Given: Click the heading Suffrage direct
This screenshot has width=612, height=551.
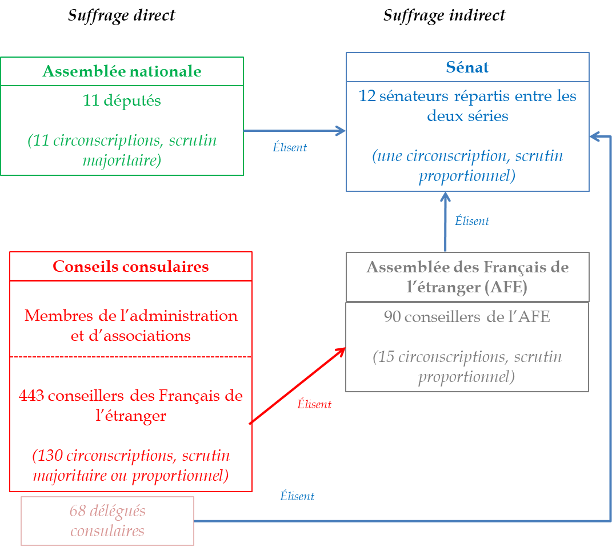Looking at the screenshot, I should point(121,15).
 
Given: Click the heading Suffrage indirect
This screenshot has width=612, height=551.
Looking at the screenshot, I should point(444,15).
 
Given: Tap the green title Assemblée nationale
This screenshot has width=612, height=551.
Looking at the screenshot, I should point(122,71).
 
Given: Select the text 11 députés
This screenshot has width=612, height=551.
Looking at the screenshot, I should point(122,101).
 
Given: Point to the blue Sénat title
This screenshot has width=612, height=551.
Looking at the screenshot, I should point(467,67).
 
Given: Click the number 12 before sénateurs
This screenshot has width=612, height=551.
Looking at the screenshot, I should point(367,96).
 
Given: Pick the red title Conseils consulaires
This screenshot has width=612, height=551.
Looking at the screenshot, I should point(130,267).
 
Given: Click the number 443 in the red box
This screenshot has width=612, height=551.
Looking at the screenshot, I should point(32,396).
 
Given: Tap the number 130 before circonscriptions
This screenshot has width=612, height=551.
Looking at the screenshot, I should point(48,456).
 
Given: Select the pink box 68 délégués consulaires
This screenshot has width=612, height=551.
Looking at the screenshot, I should point(107,521).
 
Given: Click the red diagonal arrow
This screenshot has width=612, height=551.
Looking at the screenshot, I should point(297,385).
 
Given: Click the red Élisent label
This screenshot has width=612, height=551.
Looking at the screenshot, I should point(314,404).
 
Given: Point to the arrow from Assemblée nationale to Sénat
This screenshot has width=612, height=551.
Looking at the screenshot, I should point(294,131).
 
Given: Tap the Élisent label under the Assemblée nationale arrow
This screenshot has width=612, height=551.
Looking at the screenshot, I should point(290,147).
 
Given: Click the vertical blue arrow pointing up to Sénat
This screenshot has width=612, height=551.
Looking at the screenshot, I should point(445,223).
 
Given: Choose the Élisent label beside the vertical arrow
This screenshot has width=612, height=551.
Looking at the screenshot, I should point(472,221).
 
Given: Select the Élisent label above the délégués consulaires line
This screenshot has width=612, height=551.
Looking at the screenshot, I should point(297,496).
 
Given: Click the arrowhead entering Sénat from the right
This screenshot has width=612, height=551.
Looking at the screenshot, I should point(594,136).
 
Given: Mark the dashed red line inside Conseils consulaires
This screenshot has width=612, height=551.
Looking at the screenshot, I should point(131,357).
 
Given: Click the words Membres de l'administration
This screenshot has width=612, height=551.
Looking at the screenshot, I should point(131,316).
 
